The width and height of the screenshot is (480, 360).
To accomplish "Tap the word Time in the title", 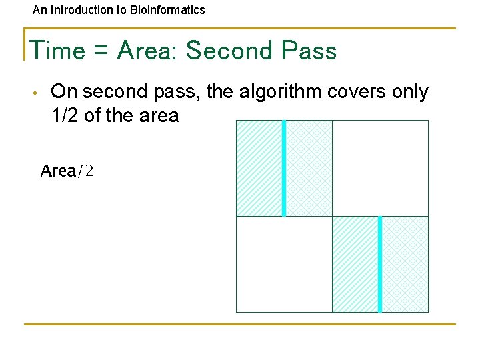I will click(x=58, y=51).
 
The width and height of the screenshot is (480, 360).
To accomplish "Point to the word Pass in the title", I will click(x=309, y=51).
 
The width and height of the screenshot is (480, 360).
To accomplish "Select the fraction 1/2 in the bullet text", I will click(x=65, y=115).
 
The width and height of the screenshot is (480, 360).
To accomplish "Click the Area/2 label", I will click(x=67, y=171).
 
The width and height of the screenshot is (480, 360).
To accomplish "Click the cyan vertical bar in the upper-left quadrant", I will click(x=284, y=168).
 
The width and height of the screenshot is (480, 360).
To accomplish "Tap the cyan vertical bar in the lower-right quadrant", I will click(x=380, y=264).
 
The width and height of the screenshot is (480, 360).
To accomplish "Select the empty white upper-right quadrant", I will click(x=380, y=168).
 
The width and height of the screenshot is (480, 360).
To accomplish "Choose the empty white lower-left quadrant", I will click(x=284, y=264).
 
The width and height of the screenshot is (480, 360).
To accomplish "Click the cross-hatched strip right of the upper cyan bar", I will click(x=309, y=168).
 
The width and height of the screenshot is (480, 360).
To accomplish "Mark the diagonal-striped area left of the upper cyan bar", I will click(x=259, y=168).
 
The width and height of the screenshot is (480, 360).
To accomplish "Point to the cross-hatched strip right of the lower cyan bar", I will click(x=405, y=264).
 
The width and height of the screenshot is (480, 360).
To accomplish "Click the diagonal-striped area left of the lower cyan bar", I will click(x=355, y=264).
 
